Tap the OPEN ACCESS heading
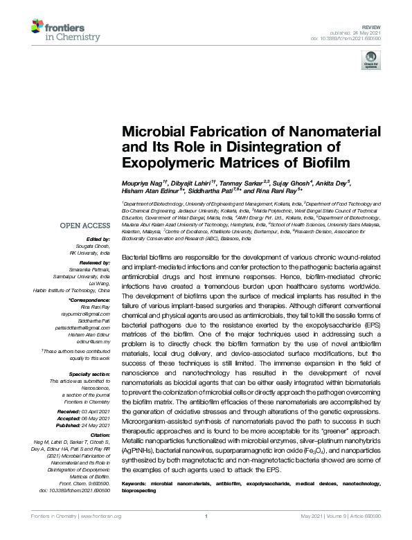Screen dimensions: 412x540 (85, 226)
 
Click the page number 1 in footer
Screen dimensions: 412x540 (206, 535)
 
